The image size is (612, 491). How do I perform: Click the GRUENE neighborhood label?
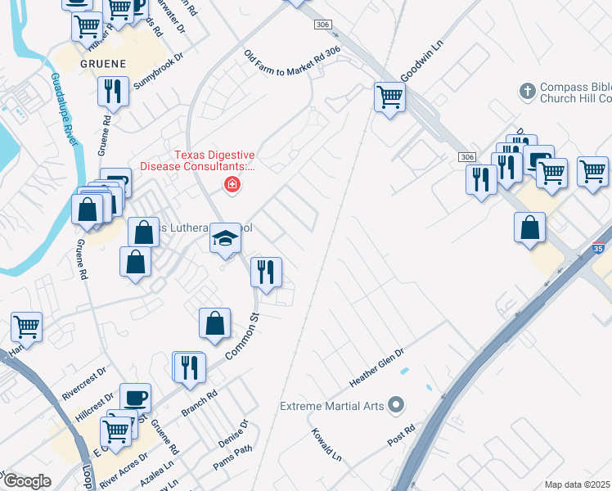103,63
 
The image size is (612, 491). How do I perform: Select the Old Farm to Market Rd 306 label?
291,63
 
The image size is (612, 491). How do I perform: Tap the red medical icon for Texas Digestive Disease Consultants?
232,186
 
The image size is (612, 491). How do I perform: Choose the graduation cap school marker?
226,238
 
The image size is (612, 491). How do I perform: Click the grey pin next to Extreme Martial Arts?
396,405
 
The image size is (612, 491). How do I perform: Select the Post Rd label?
402,435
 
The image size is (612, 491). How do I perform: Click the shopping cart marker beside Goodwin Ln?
390,97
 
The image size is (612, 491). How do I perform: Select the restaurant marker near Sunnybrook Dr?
113,91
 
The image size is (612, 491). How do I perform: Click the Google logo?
26,480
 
